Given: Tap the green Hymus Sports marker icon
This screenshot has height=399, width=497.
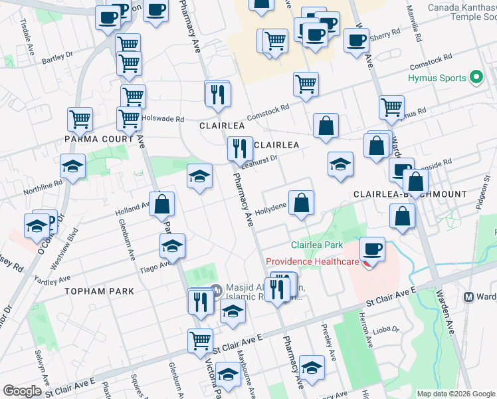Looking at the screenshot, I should click(476, 78).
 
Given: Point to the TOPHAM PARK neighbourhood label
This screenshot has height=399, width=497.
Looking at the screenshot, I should click(100, 291).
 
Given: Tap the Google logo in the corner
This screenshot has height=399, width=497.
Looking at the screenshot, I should click(22, 390).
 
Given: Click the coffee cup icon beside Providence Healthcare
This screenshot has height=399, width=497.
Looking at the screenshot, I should click(373, 249).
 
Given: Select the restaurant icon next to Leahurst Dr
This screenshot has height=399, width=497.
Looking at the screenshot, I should click(239, 148).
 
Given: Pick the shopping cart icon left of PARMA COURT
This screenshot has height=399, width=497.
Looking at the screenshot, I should click(80, 120).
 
